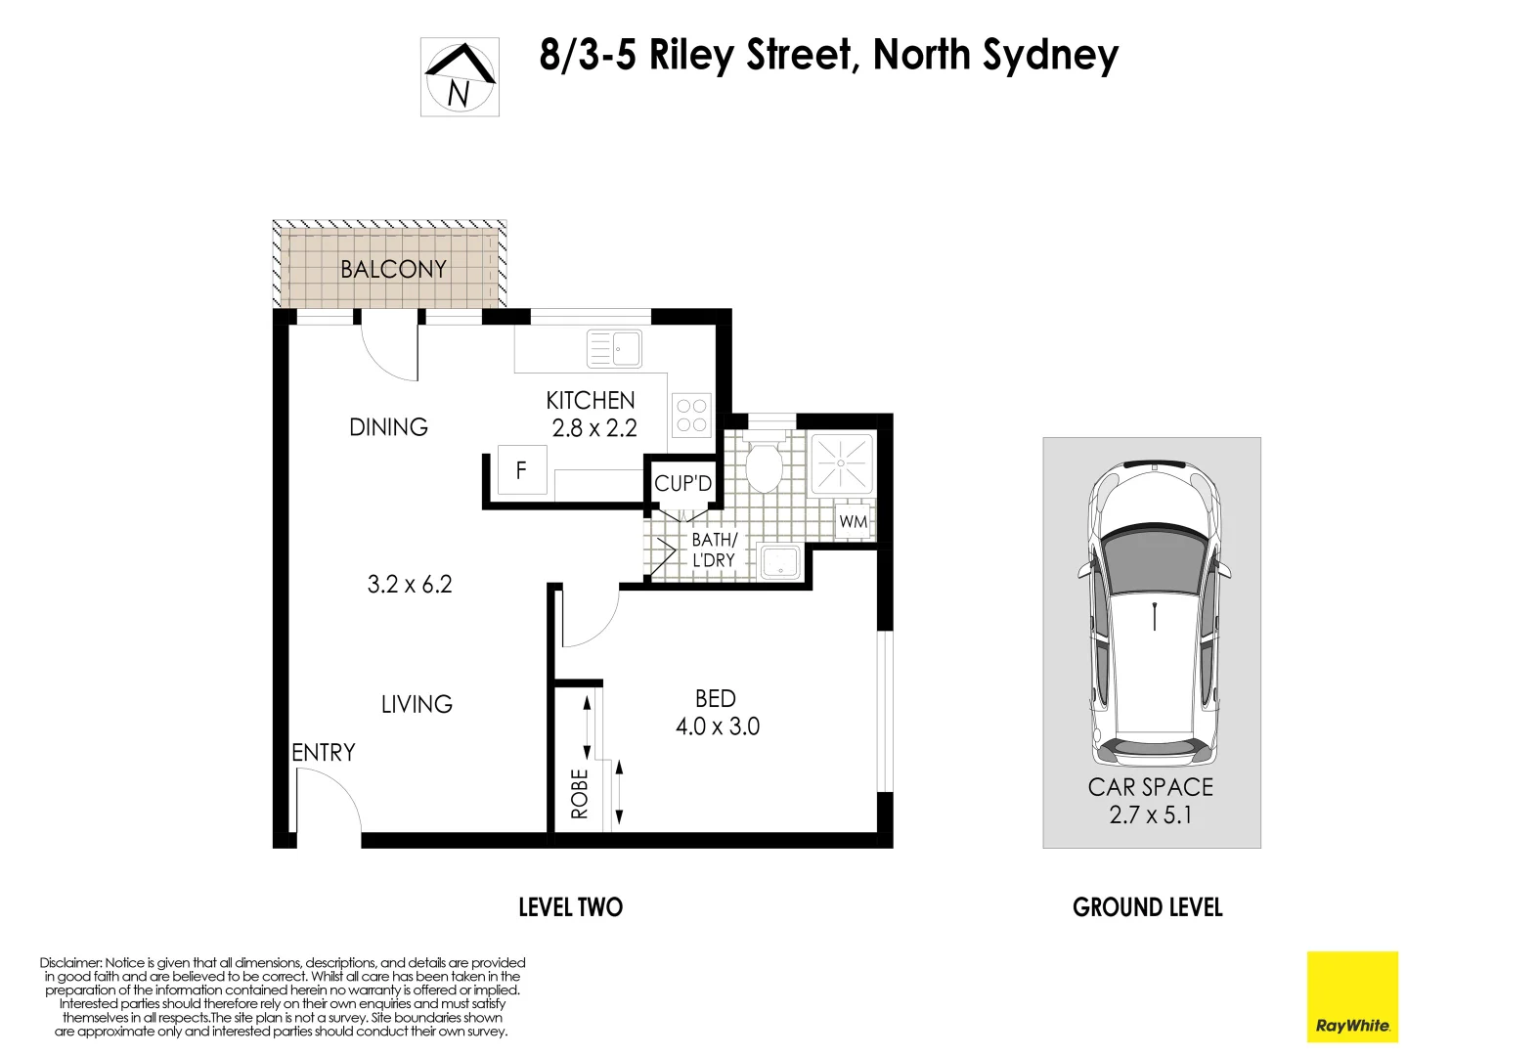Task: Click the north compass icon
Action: point(460,77)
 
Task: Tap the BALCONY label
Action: point(393,269)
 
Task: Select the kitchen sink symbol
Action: point(614,349)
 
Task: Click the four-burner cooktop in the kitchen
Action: point(691,416)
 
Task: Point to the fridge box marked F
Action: point(521,470)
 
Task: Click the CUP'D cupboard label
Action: point(682,484)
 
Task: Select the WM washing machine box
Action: point(854,522)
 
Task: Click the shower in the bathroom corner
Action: point(842,462)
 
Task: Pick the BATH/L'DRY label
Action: point(714,550)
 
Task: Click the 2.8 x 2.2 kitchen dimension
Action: point(594,428)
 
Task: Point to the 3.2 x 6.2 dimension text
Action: point(410,585)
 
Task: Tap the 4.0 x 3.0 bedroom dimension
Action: point(717,726)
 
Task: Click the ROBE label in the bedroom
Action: point(580,793)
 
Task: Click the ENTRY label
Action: point(324,752)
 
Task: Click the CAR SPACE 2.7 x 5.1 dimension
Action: point(1151,814)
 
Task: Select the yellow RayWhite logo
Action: point(1352,996)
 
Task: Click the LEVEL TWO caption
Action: point(570,907)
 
